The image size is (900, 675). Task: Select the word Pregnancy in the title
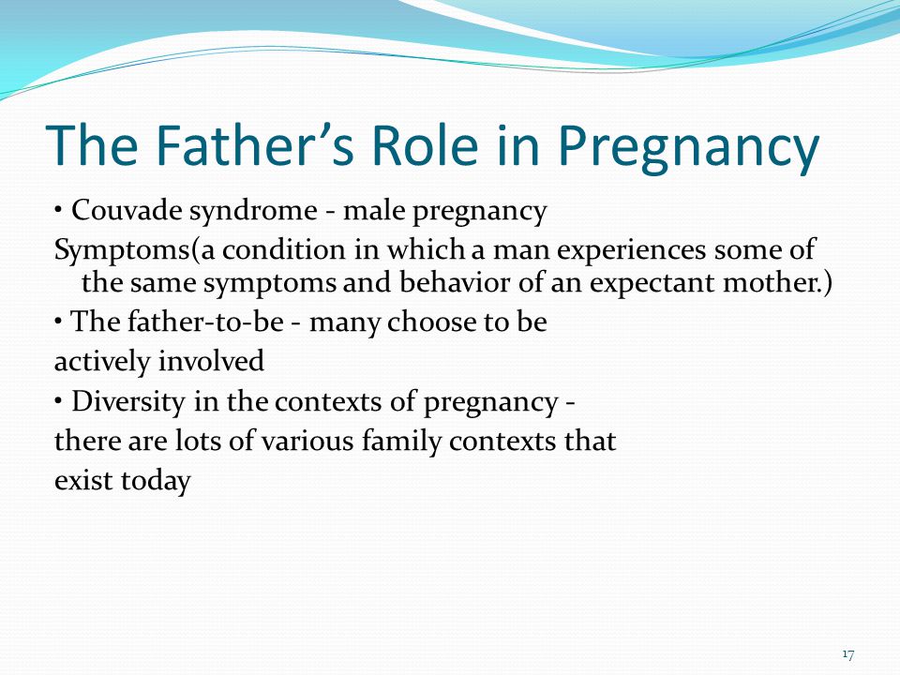689,150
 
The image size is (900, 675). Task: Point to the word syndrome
253,212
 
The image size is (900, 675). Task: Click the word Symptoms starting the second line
121,251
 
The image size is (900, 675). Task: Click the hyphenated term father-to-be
205,321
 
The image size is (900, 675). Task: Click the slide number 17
848,654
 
